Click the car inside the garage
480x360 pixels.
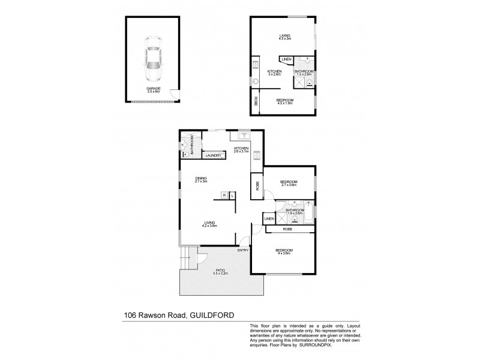pos(152,61)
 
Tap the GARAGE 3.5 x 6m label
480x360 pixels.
pos(152,90)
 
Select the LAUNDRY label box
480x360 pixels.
pos(213,156)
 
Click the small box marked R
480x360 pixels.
pos(224,194)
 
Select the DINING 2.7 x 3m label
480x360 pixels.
pos(201,179)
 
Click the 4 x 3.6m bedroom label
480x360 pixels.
pos(283,251)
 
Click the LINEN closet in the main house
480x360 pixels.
pos(269,218)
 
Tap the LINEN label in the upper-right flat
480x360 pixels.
pos(286,59)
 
